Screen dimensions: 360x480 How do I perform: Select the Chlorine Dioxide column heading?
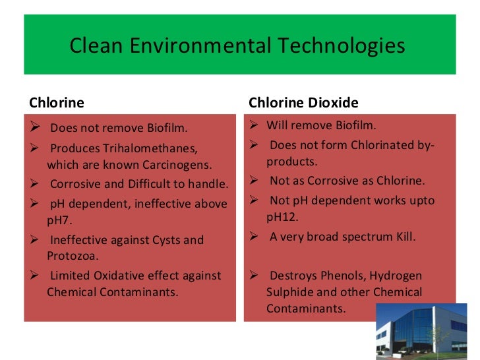coord(303,103)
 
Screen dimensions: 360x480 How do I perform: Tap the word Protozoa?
coord(72,254)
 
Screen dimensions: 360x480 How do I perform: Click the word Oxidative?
coord(119,276)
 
